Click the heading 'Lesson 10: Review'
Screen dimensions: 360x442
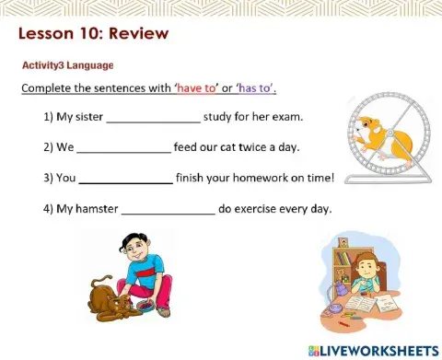pos(94,35)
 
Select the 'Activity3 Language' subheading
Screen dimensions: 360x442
pos(68,65)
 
